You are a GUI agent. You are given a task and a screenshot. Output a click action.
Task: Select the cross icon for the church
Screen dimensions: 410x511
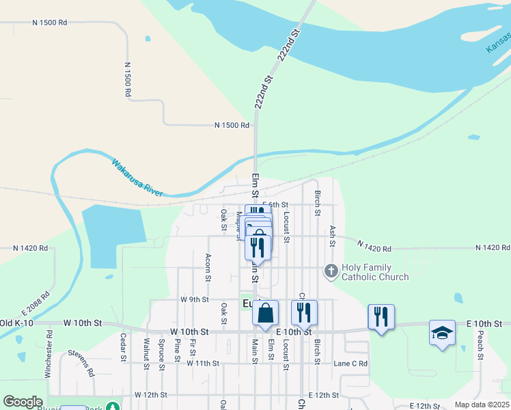point(331,272)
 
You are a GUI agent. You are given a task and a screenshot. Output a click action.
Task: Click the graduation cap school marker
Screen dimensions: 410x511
point(442,333)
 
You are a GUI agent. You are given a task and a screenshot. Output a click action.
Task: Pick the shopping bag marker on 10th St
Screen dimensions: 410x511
point(266,314)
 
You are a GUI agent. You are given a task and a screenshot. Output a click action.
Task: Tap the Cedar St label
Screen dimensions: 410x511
point(123,347)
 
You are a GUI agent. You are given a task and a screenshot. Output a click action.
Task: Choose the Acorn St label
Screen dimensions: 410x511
point(208,267)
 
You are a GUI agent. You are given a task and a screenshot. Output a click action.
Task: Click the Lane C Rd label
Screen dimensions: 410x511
point(350,364)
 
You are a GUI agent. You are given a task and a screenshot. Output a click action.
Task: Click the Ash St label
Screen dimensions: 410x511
point(333,236)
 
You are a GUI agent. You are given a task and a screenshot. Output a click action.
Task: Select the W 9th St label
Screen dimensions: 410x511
point(194,299)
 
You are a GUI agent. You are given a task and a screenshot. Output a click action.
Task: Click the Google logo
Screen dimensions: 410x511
point(23,402)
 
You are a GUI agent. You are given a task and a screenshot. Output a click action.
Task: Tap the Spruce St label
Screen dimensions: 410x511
point(162,350)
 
